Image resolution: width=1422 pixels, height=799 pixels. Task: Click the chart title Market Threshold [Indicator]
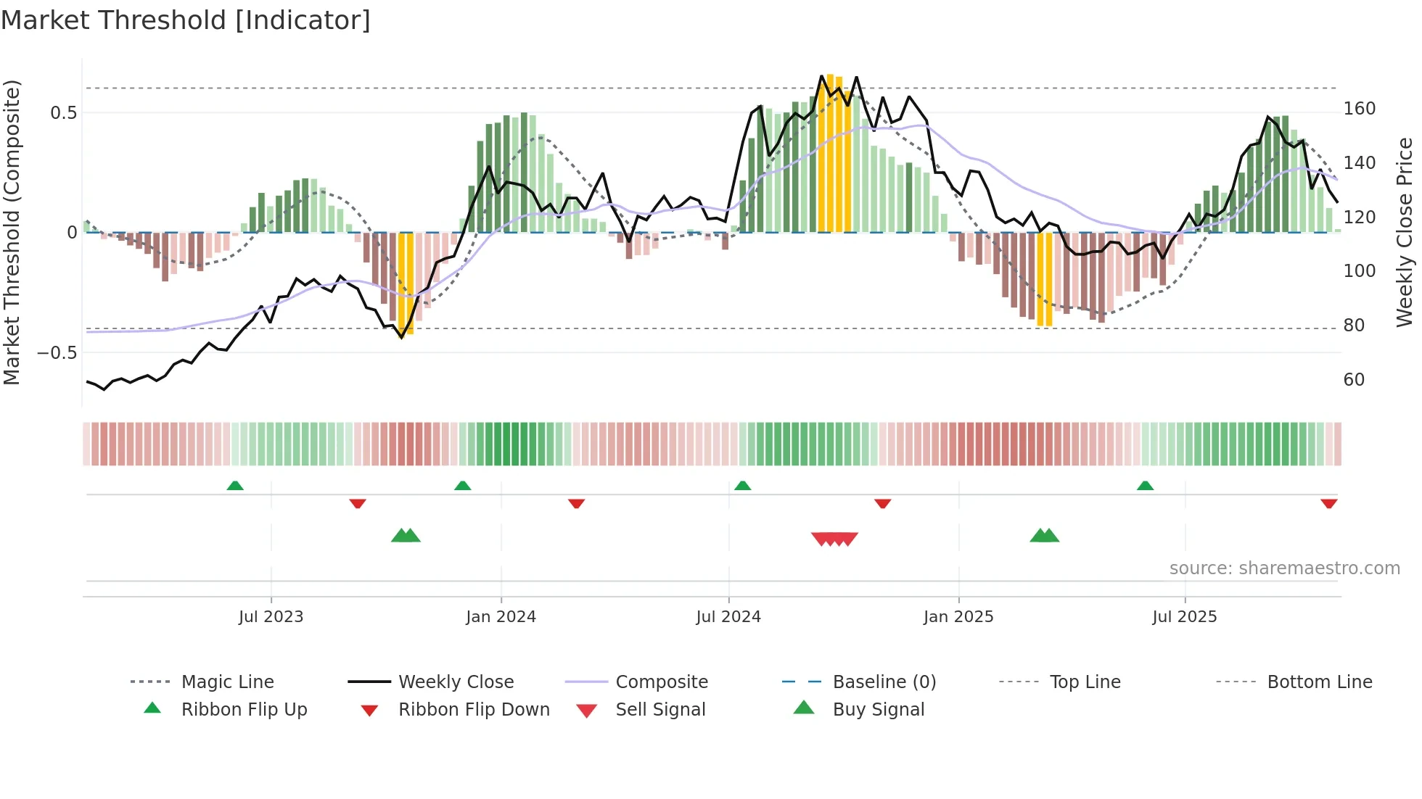click(186, 20)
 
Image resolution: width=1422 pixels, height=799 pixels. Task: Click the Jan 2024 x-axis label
click(501, 617)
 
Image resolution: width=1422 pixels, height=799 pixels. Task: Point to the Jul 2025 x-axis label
click(1184, 617)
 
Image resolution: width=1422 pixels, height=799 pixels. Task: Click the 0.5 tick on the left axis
click(63, 112)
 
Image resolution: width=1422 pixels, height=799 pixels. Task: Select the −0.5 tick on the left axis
click(57, 353)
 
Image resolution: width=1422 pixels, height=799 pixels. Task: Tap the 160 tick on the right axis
click(1359, 109)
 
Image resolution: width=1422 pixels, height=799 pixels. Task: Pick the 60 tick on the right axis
click(1354, 380)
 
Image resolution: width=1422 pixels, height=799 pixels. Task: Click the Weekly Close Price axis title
click(1405, 232)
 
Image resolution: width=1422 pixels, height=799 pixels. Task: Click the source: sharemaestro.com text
click(1284, 568)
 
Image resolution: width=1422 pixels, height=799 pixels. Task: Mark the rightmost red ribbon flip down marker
click(1328, 503)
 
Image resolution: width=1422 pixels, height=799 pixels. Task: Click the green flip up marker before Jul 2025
click(1145, 486)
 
